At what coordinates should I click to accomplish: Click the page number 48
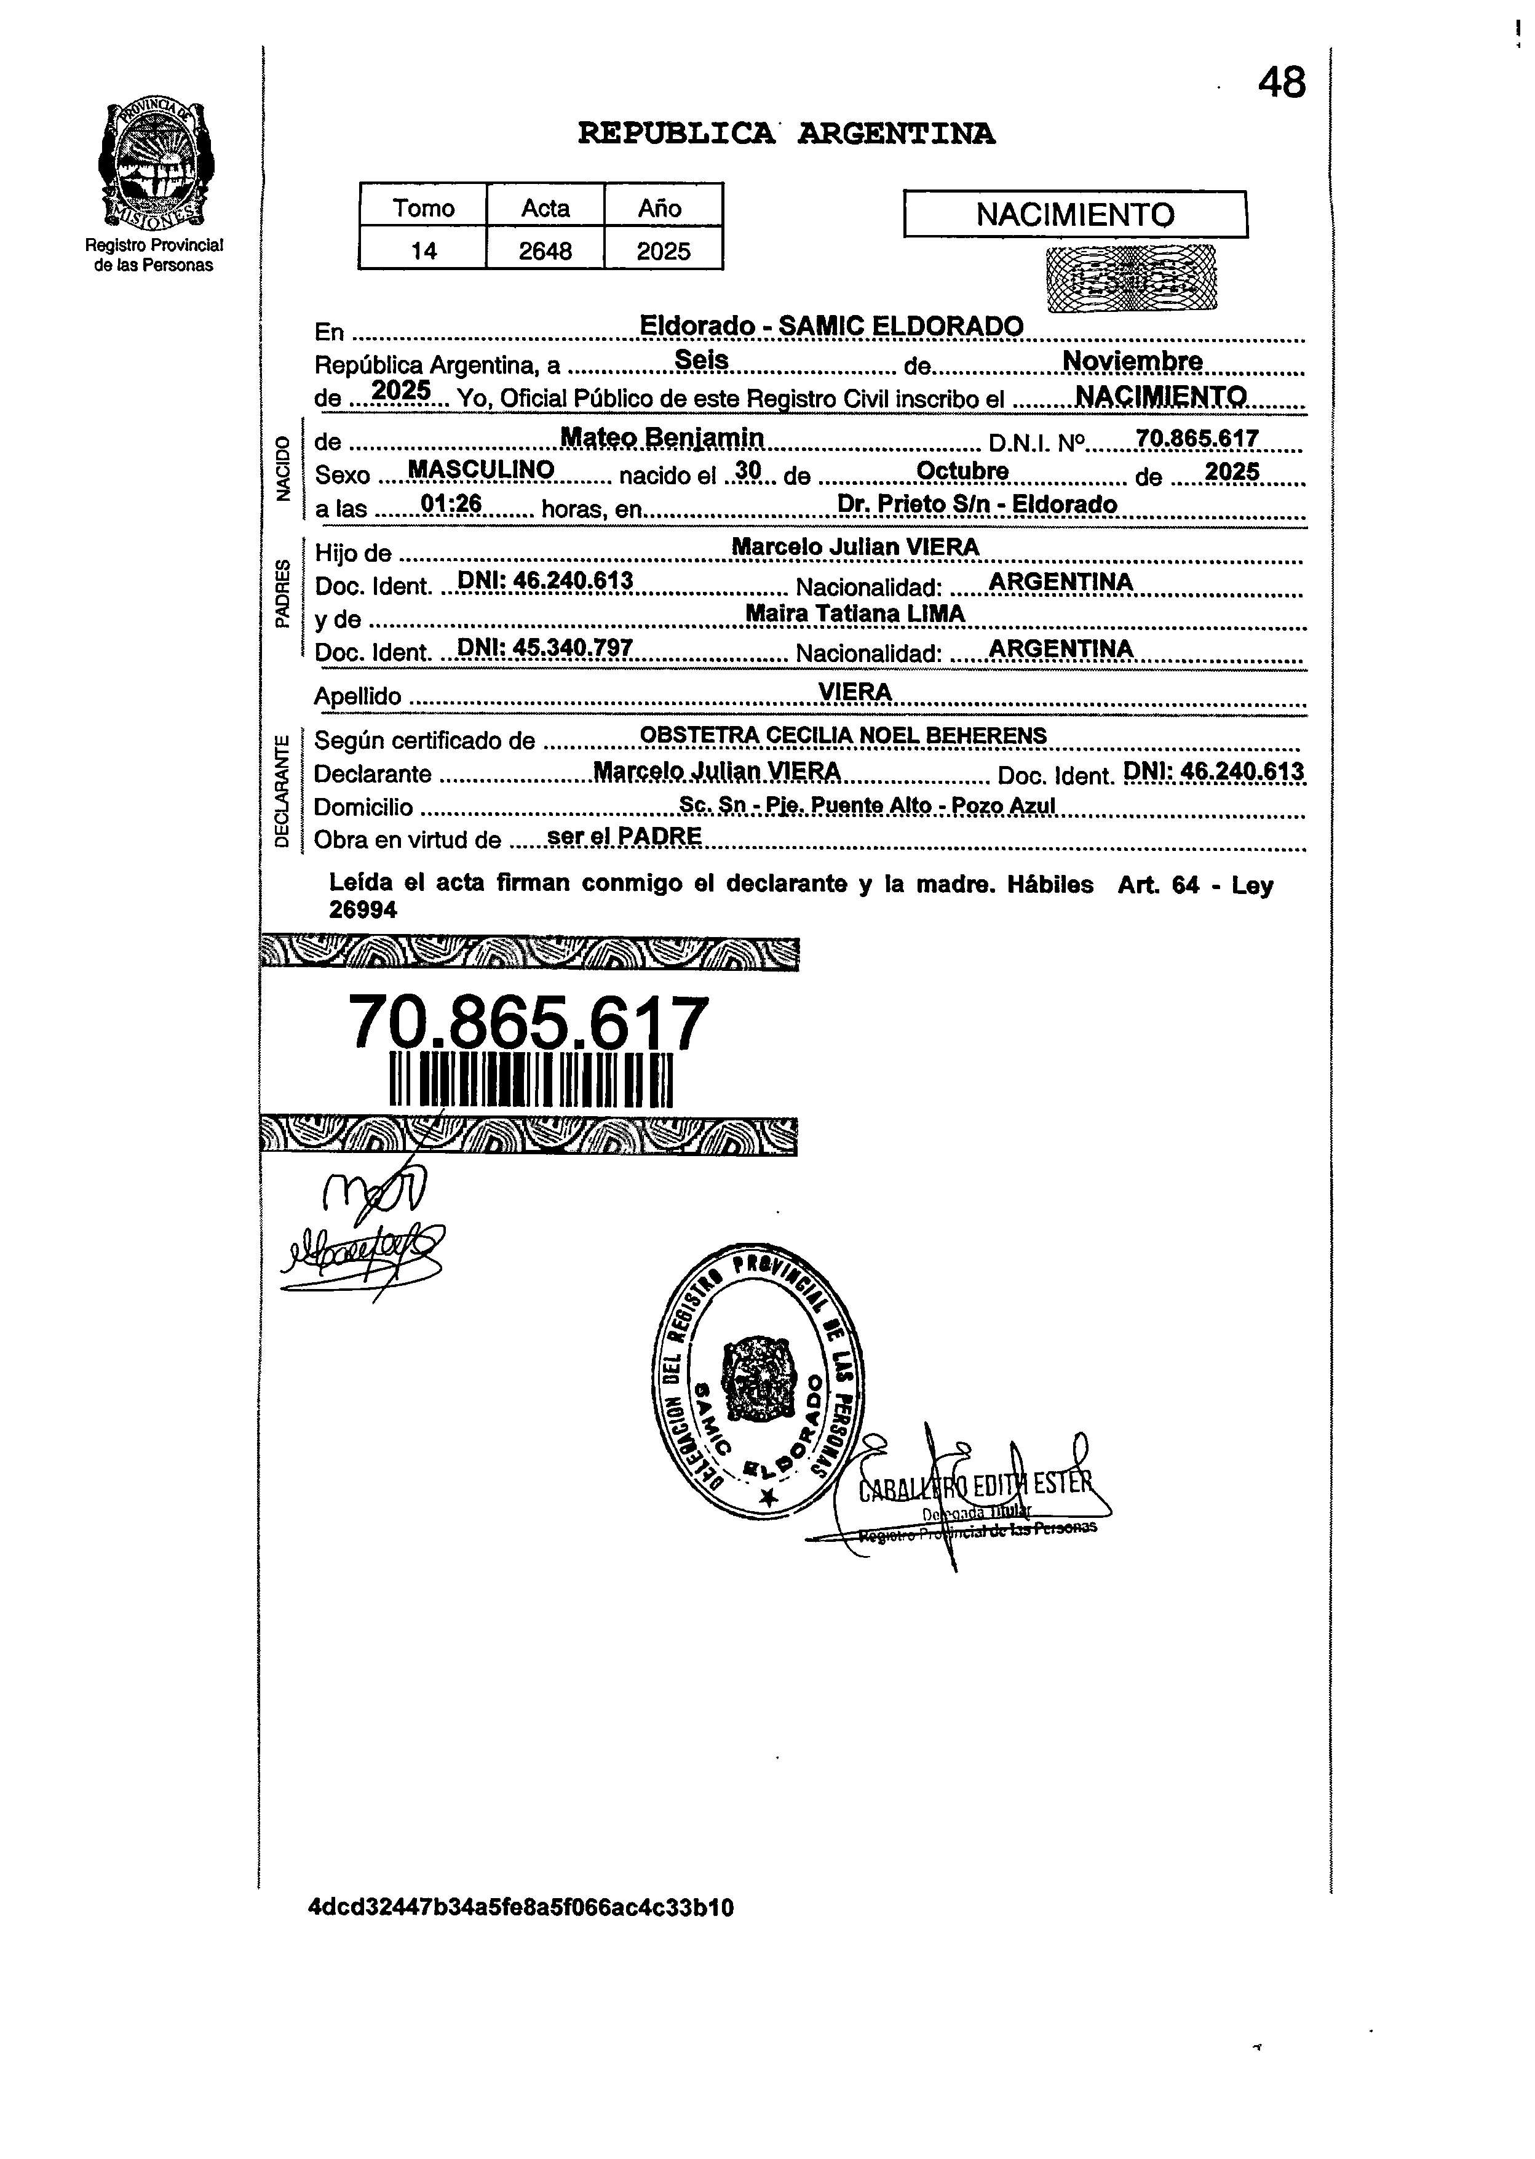pos(1281,83)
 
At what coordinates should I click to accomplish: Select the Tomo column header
pos(424,207)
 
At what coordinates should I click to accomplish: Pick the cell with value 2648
pos(545,250)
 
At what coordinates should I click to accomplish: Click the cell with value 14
pos(424,250)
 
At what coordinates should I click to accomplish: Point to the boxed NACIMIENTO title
pos(1075,215)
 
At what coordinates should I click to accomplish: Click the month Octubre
pos(962,471)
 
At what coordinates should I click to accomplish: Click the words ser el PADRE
pos(624,836)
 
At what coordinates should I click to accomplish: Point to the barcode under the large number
pos(530,1080)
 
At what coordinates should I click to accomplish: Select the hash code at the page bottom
pos(521,1907)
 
